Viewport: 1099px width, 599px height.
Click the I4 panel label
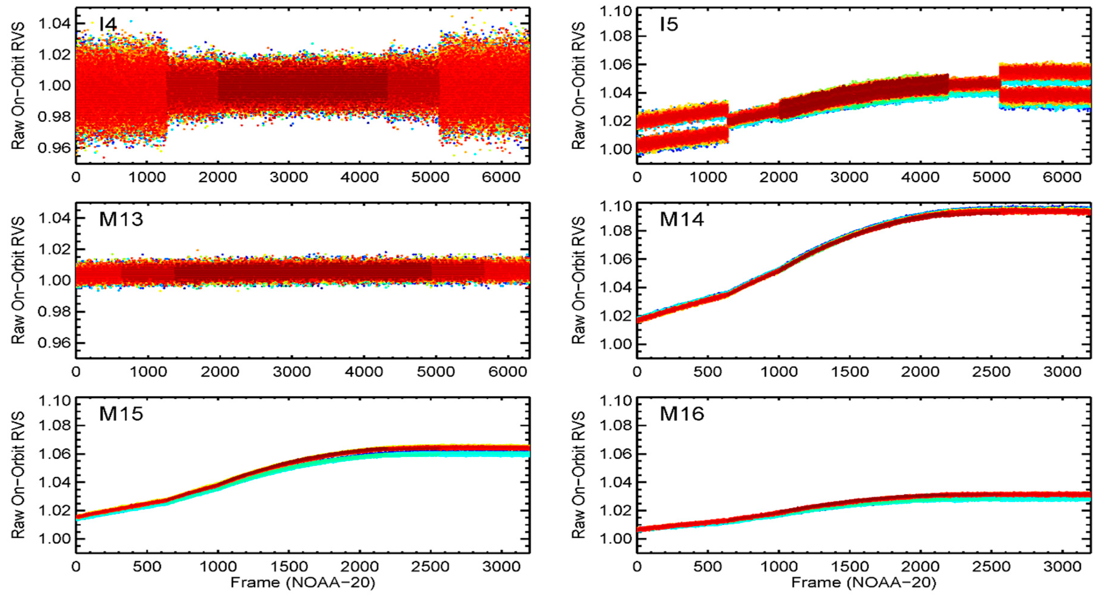tap(108, 24)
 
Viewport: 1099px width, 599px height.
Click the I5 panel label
tap(668, 24)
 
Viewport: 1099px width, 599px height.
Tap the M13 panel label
tap(121, 219)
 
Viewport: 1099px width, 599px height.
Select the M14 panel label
tap(681, 219)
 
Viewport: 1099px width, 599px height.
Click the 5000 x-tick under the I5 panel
tap(991, 177)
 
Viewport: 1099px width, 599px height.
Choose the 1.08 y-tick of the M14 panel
tap(615, 231)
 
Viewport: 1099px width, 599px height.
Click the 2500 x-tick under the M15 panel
tap(430, 567)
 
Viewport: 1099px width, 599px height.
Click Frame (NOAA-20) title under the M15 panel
tap(303, 583)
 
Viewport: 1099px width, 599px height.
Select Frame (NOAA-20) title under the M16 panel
tap(863, 583)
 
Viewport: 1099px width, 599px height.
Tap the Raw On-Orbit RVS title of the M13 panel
tap(18, 280)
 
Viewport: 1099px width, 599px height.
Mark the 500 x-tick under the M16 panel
tap(707, 567)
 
